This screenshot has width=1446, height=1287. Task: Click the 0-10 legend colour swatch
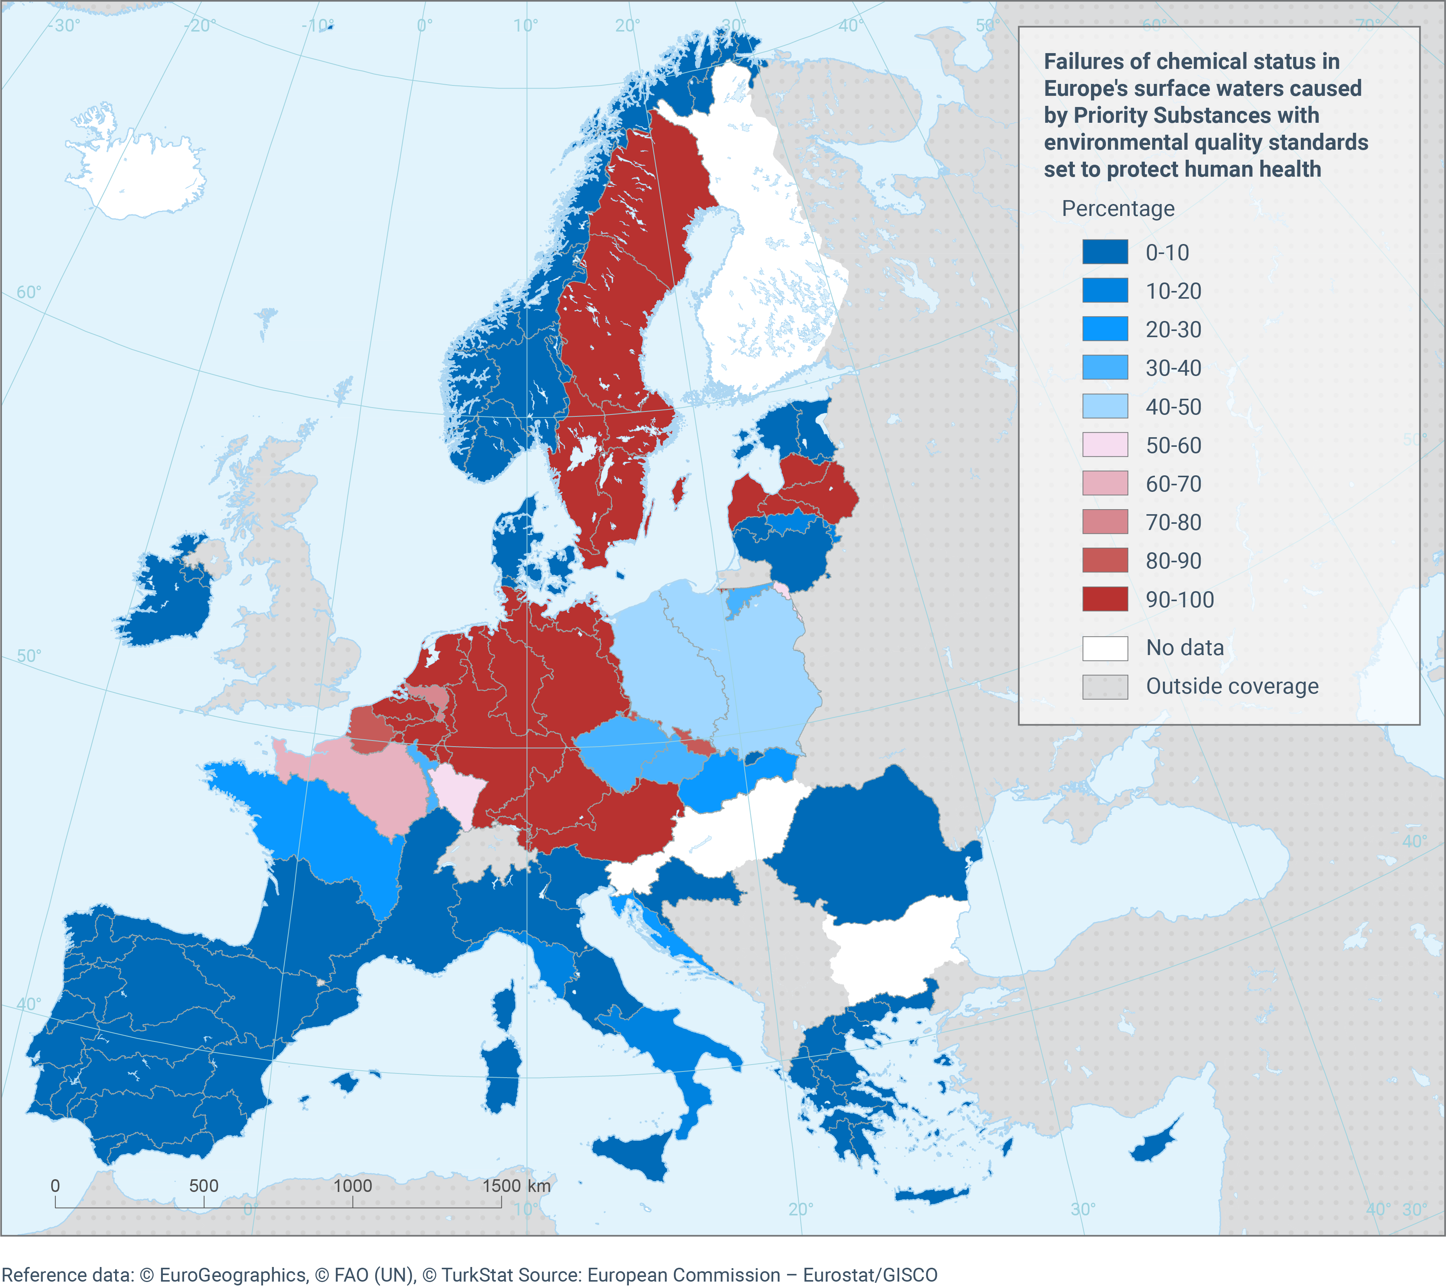tap(1105, 252)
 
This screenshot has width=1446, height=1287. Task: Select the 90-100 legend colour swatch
tap(1105, 599)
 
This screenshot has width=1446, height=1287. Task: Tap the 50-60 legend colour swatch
tap(1105, 445)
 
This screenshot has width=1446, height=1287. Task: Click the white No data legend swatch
tap(1105, 648)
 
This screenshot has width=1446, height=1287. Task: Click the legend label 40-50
tap(1174, 406)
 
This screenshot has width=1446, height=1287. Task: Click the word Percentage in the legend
tap(1118, 209)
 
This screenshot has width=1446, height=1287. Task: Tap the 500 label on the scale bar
tap(204, 1186)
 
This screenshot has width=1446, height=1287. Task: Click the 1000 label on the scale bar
tap(352, 1186)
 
